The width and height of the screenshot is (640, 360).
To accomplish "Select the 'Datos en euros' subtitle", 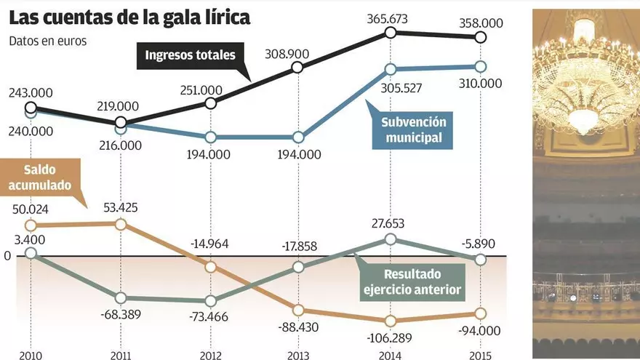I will [48, 41].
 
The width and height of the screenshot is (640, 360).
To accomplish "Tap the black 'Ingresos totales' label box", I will [191, 55].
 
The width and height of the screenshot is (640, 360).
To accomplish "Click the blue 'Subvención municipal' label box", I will [413, 129].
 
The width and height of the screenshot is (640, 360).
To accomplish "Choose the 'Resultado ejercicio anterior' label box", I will [412, 283].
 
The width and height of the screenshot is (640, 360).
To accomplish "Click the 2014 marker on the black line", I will [391, 32].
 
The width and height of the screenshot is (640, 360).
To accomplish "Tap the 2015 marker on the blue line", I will [480, 66].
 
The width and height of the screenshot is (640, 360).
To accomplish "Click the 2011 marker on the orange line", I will [121, 224].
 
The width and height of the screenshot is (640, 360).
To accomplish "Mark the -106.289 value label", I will [391, 336].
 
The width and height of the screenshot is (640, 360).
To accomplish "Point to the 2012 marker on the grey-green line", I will [211, 300].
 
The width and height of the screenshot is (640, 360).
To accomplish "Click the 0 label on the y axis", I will [8, 256].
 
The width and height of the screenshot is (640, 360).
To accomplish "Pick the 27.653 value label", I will [391, 222].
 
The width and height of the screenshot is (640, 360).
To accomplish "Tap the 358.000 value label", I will [480, 23].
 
